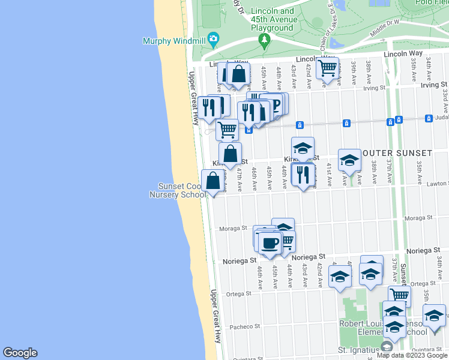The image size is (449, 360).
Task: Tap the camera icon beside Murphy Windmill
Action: [x=212, y=39]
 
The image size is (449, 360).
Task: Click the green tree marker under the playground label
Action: [x=264, y=40]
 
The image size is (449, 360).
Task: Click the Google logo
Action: [x=20, y=353]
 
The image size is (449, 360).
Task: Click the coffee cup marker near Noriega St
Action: [x=270, y=242]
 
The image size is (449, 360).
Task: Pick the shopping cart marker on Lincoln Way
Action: [x=327, y=68]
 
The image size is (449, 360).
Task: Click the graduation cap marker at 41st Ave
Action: [x=349, y=160]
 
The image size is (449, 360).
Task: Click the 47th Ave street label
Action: [x=239, y=178]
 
